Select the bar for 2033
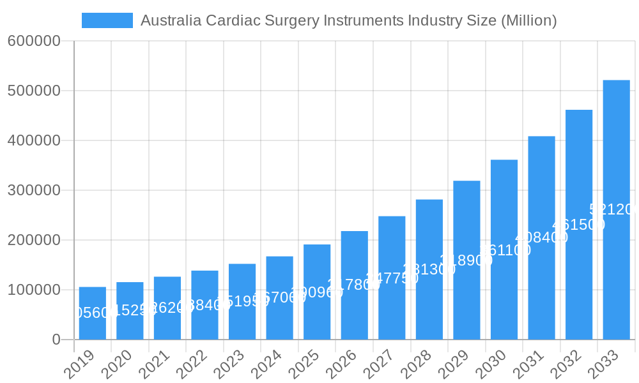tap(616, 210)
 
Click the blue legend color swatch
tap(107, 20)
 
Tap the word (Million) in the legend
tap(528, 20)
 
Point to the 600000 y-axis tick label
tap(34, 41)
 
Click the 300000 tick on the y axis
tap(34, 190)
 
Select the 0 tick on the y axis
tap(56, 340)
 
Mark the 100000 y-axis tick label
tap(34, 290)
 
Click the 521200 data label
tap(613, 209)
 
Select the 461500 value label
tap(578, 225)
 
